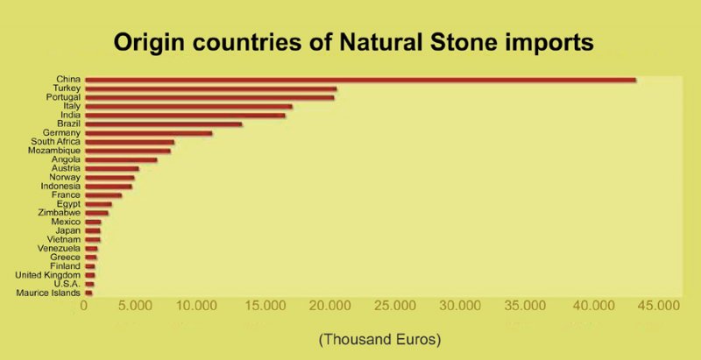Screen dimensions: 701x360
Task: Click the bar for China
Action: [360, 80]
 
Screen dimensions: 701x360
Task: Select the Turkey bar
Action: [210, 88]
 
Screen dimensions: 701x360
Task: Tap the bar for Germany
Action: [148, 133]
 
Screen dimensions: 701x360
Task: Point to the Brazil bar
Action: [163, 124]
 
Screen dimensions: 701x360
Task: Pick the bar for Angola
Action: [121, 159]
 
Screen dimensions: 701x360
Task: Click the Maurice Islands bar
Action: [89, 293]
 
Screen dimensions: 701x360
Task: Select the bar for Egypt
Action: [98, 204]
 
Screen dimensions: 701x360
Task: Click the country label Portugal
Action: [63, 97]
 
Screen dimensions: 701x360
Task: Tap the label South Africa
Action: [61, 142]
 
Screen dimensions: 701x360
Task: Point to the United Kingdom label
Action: [48, 275]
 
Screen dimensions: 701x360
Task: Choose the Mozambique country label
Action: [54, 151]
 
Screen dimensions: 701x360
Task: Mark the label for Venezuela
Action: [59, 249]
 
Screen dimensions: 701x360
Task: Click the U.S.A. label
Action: [67, 284]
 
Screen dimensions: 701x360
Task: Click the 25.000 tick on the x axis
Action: [398, 306]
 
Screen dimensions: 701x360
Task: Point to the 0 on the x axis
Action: [83, 306]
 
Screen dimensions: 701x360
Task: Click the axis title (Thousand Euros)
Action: [380, 340]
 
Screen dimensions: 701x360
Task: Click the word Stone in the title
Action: [468, 42]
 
